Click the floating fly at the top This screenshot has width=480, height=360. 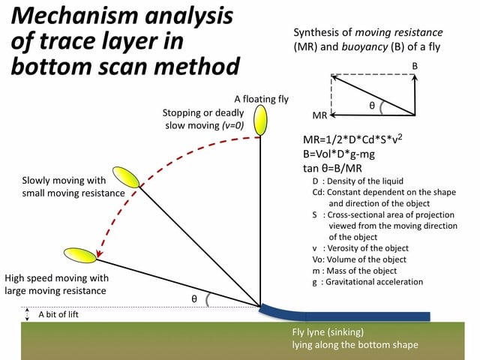(260, 120)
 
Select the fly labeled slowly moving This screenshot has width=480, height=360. (126, 177)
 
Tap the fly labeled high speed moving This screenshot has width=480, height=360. (80, 255)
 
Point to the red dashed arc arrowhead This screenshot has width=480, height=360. (99, 253)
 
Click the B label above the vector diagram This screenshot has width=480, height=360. (415, 66)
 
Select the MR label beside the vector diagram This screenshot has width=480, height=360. (319, 115)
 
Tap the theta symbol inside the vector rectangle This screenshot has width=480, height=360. (372, 106)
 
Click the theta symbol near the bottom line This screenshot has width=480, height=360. (193, 298)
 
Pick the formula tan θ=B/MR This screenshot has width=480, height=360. (332, 168)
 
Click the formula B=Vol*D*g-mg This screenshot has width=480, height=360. (339, 154)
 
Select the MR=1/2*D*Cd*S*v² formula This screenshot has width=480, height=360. (352, 139)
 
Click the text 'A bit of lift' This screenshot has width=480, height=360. (58, 314)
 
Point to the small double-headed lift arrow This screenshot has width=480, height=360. (27, 314)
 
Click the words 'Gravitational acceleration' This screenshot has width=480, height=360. (374, 282)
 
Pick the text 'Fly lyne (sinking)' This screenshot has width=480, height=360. (328, 332)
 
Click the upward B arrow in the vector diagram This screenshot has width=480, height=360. (415, 95)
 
